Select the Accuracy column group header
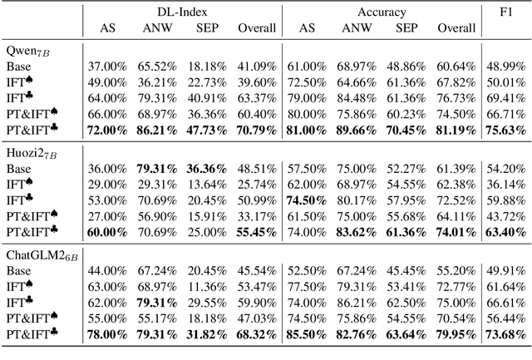[x=382, y=12]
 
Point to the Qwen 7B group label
[x=25, y=51]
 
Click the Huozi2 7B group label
[x=29, y=152]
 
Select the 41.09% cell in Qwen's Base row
[x=256, y=65]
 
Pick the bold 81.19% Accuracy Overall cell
[x=454, y=130]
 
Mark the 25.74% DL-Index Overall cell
[x=256, y=182]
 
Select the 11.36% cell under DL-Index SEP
[x=207, y=285]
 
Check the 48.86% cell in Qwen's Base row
[x=406, y=65]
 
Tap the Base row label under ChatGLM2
[x=18, y=269]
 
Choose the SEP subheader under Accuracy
[x=406, y=27]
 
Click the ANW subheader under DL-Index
[x=157, y=27]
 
